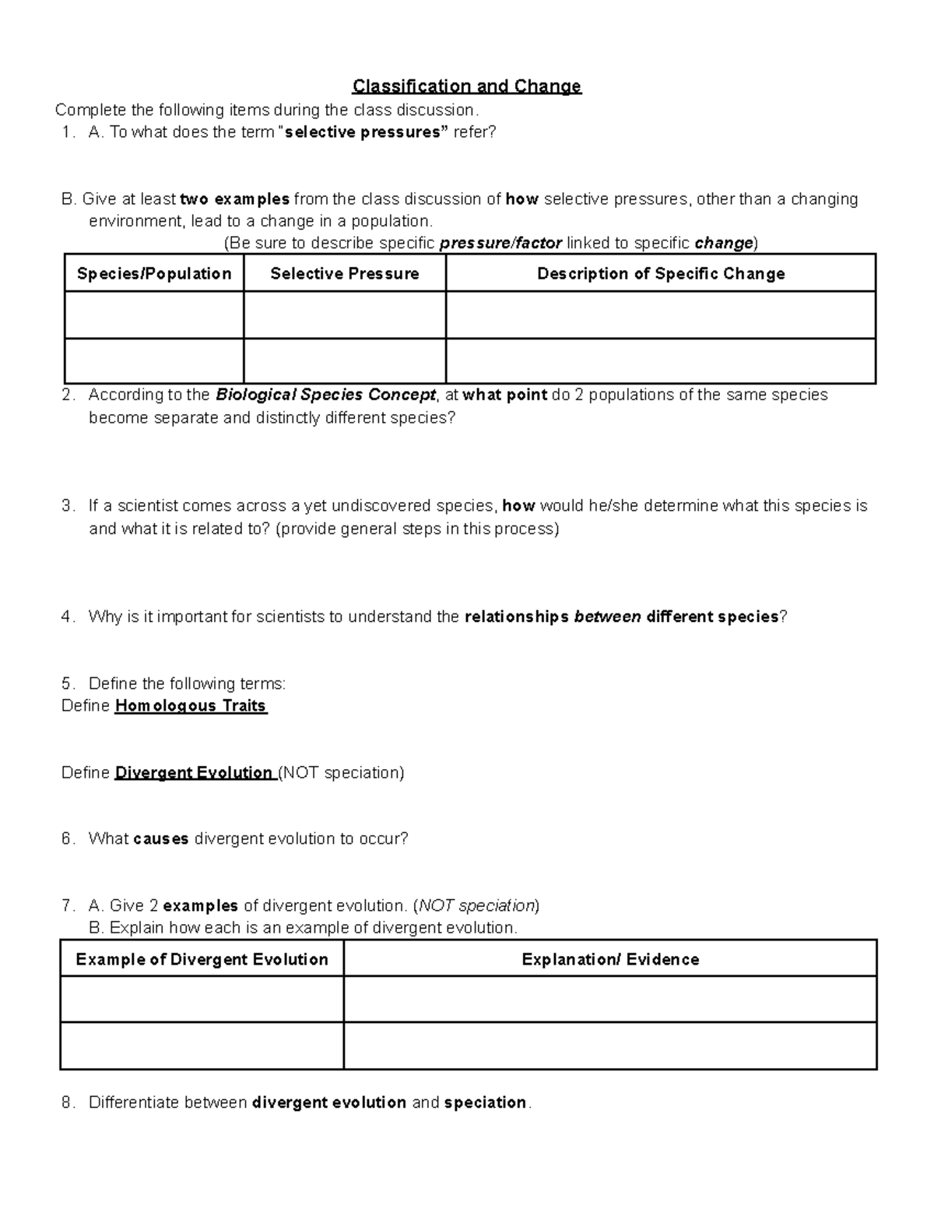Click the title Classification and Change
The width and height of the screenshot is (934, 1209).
(466, 86)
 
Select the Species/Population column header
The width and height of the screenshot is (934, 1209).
(154, 273)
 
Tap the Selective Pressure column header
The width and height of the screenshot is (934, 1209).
(344, 273)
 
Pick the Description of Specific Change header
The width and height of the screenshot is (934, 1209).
(661, 273)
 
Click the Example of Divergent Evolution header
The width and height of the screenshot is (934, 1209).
(202, 959)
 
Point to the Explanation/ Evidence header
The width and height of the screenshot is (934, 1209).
(610, 959)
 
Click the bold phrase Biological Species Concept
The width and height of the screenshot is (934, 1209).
(325, 395)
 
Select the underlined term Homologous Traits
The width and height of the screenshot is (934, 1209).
(191, 706)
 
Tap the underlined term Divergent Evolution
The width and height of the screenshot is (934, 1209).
(193, 773)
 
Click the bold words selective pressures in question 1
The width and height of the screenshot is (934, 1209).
(366, 132)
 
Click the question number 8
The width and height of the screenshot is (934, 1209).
(68, 1102)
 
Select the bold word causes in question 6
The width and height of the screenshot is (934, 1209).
(161, 839)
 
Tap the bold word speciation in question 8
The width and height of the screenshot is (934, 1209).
(485, 1102)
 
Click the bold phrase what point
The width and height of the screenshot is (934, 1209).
(504, 395)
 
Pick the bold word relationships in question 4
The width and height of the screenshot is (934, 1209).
(516, 617)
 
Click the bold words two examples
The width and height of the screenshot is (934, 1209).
(234, 199)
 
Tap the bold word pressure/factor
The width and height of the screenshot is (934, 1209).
(500, 244)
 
